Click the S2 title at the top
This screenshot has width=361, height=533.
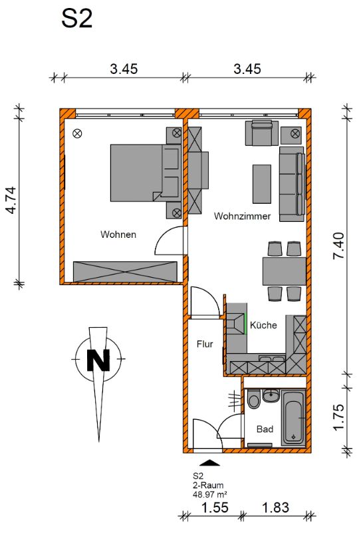pos(76,19)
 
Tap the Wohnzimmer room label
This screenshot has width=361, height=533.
pos(242,216)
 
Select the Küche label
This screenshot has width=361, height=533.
pos(263,325)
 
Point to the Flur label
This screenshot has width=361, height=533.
pos(205,344)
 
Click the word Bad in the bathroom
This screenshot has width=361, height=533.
pos(265,429)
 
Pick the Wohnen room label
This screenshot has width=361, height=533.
pos(118,235)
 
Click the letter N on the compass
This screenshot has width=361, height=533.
pos(98,360)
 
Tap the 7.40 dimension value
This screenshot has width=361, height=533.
pos(338,245)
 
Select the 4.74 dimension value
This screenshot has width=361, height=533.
pos(11,200)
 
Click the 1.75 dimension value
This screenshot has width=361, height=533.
pos(338,417)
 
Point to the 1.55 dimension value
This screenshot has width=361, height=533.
pos(215,508)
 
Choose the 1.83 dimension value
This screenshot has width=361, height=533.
pos(275,508)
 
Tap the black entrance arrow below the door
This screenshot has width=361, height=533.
pos(210,462)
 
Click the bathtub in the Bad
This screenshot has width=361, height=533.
pos(293,417)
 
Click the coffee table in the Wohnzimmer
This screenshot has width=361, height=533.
pos(261,184)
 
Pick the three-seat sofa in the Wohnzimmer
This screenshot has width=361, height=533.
pos(292,185)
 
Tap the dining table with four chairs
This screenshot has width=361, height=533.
pos(285,271)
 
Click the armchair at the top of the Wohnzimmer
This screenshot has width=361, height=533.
pos(261,133)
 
